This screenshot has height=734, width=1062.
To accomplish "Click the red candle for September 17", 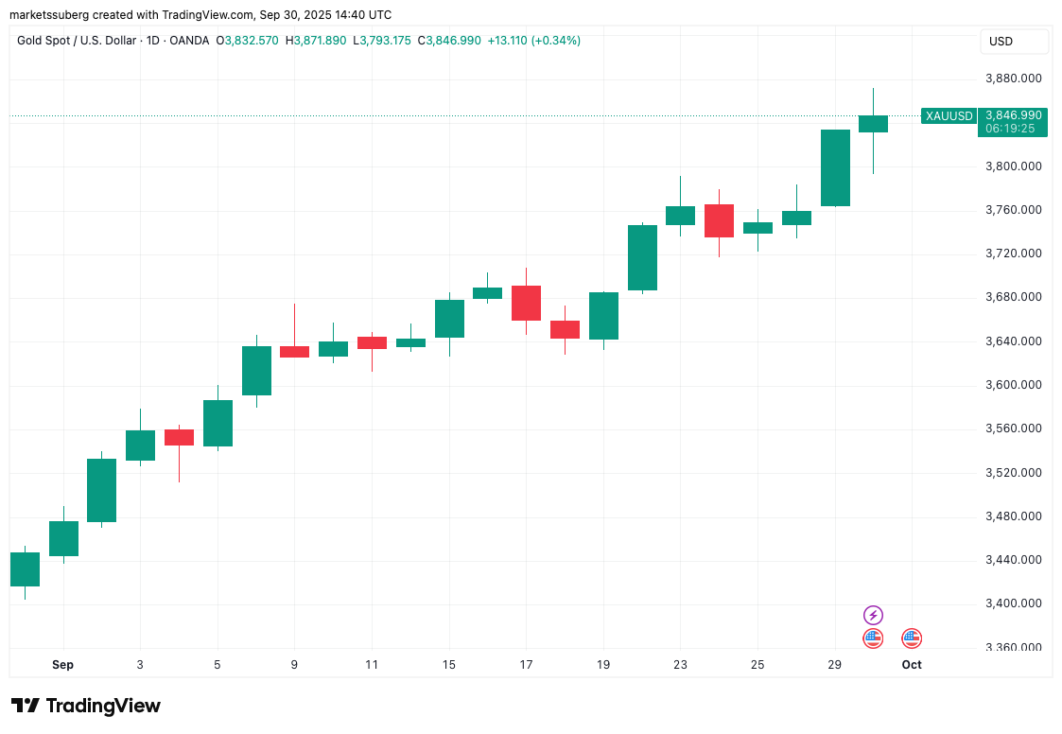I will pyautogui.click(x=526, y=303).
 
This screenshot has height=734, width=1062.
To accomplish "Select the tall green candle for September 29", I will pyautogui.click(x=835, y=167).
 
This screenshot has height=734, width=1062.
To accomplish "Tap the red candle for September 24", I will pyautogui.click(x=719, y=220).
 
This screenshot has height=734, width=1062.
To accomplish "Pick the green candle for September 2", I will pyautogui.click(x=101, y=490).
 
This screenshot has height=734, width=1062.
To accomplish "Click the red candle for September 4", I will pyautogui.click(x=179, y=437).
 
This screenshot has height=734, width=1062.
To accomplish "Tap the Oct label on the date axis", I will pyautogui.click(x=912, y=665).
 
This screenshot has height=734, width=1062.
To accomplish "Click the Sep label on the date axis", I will pyautogui.click(x=62, y=665).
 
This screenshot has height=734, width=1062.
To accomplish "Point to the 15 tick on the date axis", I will pyautogui.click(x=449, y=665).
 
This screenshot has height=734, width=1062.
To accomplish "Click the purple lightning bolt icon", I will pyautogui.click(x=873, y=616).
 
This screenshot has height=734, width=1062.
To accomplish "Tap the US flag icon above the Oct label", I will pyautogui.click(x=912, y=638).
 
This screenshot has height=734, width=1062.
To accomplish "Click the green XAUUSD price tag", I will pyautogui.click(x=949, y=116).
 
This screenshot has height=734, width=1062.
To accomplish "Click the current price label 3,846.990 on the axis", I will pyautogui.click(x=1014, y=115).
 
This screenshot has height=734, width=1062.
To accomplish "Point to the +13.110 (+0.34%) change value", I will pyautogui.click(x=533, y=41).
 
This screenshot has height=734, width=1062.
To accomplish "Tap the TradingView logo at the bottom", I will pyautogui.click(x=86, y=706).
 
